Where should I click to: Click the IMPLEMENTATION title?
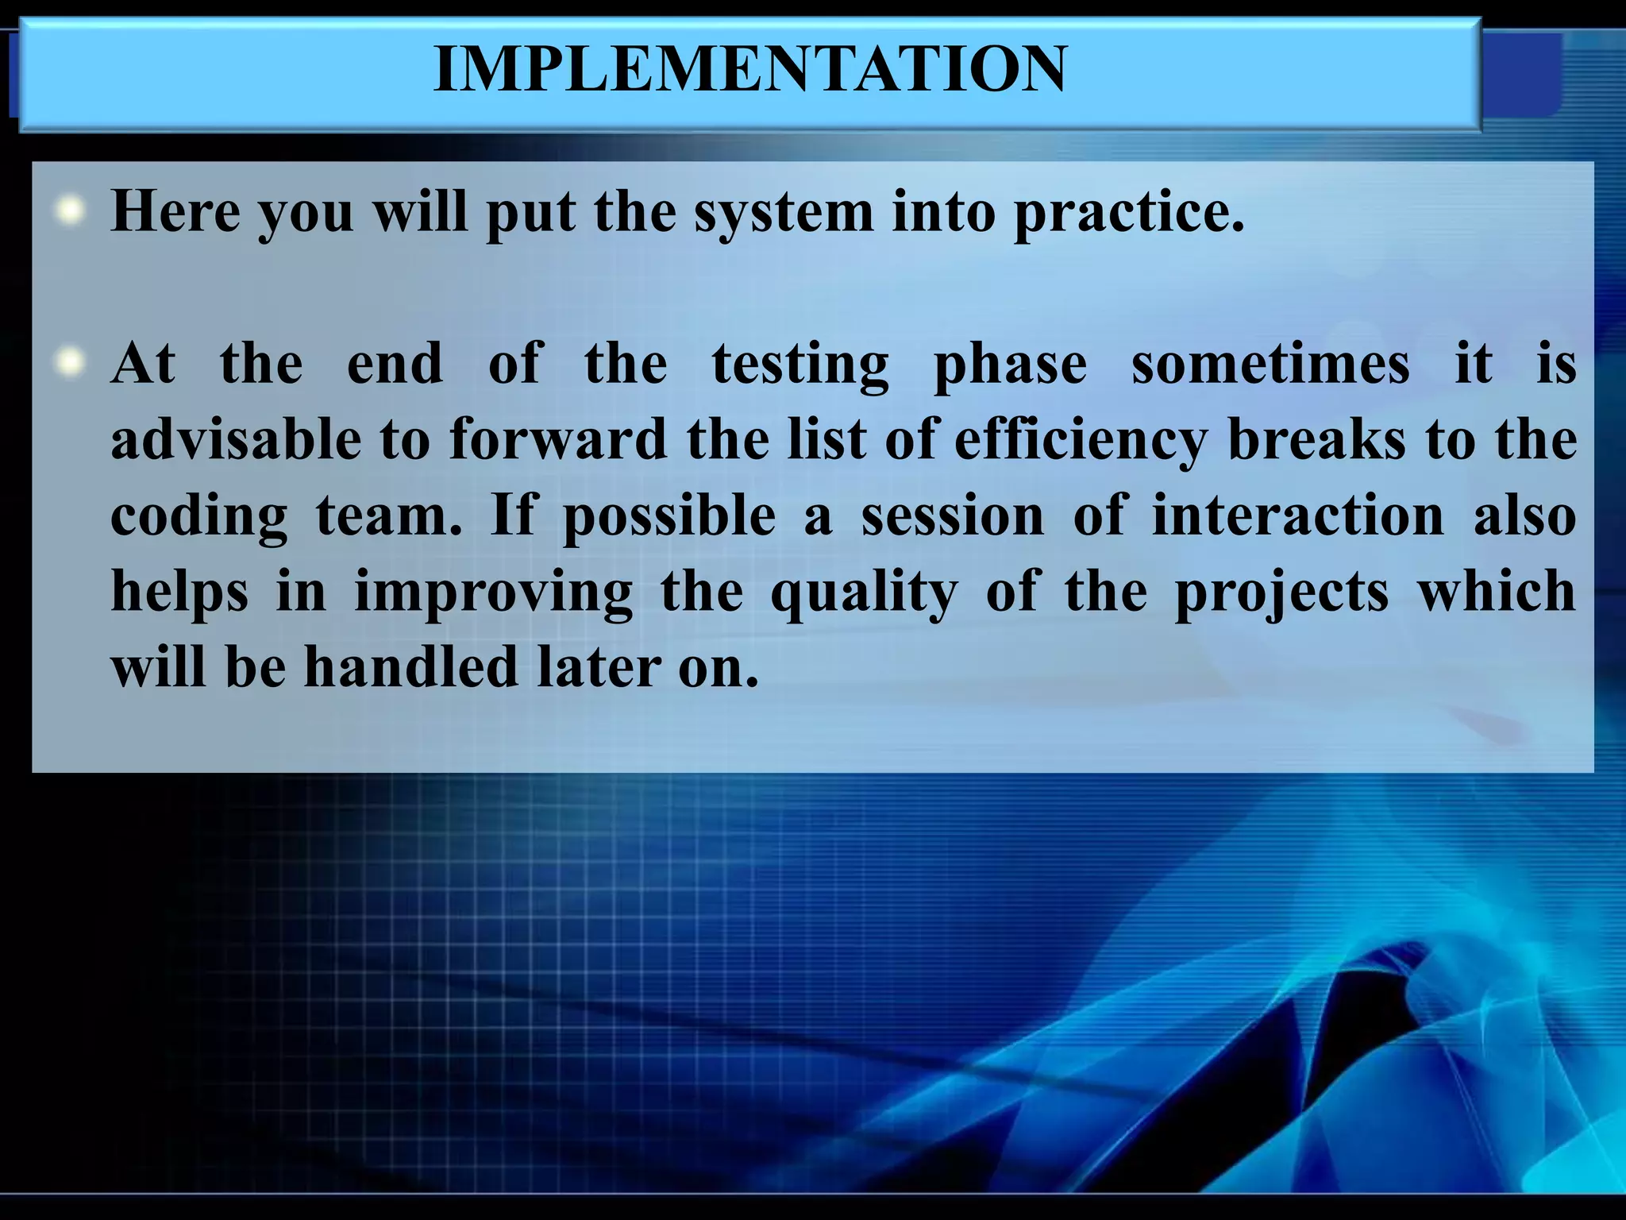click(x=749, y=70)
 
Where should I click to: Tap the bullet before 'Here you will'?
click(x=71, y=211)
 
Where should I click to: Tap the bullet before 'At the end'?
click(x=71, y=363)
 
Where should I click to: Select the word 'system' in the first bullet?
click(x=783, y=213)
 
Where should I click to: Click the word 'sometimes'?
click(x=1270, y=364)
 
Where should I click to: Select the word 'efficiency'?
click(x=1081, y=441)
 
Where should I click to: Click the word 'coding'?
click(x=198, y=516)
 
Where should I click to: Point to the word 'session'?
click(x=953, y=515)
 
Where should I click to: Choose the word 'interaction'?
click(x=1297, y=515)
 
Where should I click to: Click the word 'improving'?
click(x=493, y=593)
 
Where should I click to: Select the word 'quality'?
click(x=864, y=593)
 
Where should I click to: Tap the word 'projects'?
click(x=1281, y=593)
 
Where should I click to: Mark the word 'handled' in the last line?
click(x=410, y=666)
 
